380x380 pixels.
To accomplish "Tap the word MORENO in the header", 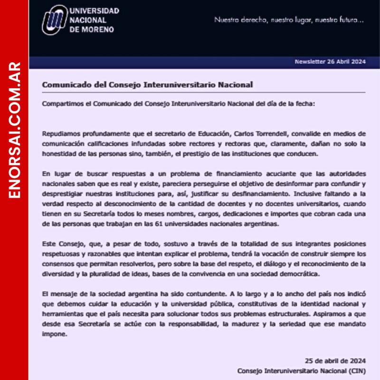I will tap(98, 29).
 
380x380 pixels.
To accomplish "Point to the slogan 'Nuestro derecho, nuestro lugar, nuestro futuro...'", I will tap(289, 20).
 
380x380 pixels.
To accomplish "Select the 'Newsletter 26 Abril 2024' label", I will tap(330, 62).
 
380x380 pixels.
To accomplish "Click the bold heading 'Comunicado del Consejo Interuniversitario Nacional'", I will tap(147, 85).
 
